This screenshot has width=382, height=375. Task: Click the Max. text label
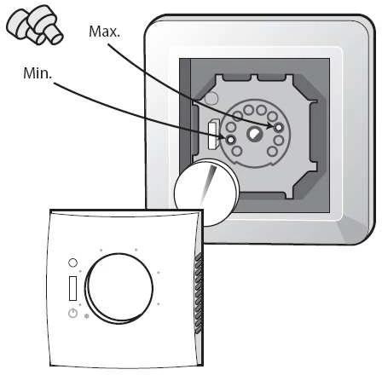(104, 32)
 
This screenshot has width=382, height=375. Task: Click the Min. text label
(38, 73)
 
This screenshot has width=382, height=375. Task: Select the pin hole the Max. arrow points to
(279, 127)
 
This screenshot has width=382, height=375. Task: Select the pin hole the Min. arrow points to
(231, 140)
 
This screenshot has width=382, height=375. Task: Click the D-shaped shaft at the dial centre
(253, 134)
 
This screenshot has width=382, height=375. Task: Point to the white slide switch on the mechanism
(212, 135)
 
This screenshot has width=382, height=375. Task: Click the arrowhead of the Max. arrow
(270, 126)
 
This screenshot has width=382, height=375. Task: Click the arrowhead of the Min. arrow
(223, 137)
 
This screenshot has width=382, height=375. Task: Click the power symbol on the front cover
(72, 313)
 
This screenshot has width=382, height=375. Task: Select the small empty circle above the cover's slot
(73, 262)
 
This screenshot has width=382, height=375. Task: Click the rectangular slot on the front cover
(73, 288)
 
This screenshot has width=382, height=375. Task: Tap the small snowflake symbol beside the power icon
(87, 316)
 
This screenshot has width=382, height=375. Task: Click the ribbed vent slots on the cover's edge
(199, 292)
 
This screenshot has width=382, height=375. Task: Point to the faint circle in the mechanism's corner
(211, 99)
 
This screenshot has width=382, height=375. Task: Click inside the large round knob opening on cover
(119, 288)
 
